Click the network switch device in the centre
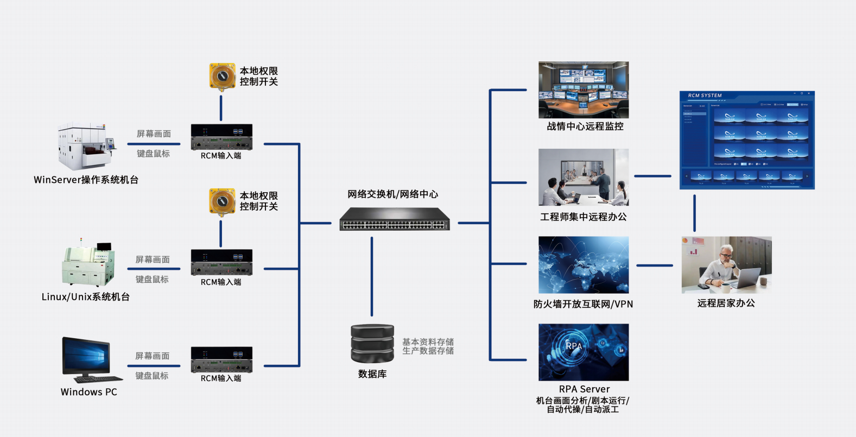click(x=395, y=219)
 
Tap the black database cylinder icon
click(x=372, y=343)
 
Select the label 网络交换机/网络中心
click(x=393, y=194)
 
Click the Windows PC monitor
click(x=87, y=357)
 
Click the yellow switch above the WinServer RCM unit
click(x=223, y=76)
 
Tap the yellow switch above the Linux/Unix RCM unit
click(x=223, y=201)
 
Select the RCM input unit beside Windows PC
click(x=221, y=359)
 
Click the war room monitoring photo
click(x=584, y=90)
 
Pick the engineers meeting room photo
click(x=584, y=177)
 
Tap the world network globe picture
click(x=584, y=264)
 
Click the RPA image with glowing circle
click(x=584, y=352)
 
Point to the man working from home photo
click(x=726, y=264)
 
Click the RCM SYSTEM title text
click(x=705, y=96)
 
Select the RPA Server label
click(x=584, y=389)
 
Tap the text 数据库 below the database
click(x=372, y=374)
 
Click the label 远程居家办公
click(x=726, y=303)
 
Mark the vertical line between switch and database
click(x=372, y=276)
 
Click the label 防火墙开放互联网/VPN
click(x=583, y=305)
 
